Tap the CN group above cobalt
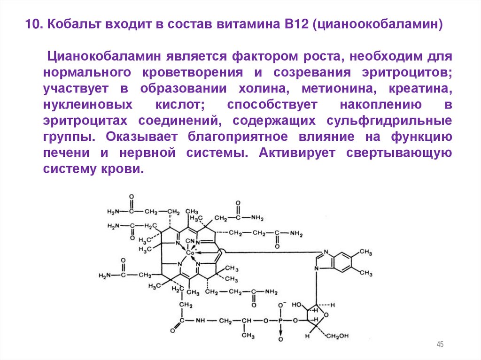point(190,242)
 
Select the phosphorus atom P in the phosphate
point(281,321)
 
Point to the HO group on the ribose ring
point(297,304)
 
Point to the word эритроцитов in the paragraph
point(406,73)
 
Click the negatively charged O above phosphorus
point(281,305)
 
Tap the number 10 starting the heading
point(33,24)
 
